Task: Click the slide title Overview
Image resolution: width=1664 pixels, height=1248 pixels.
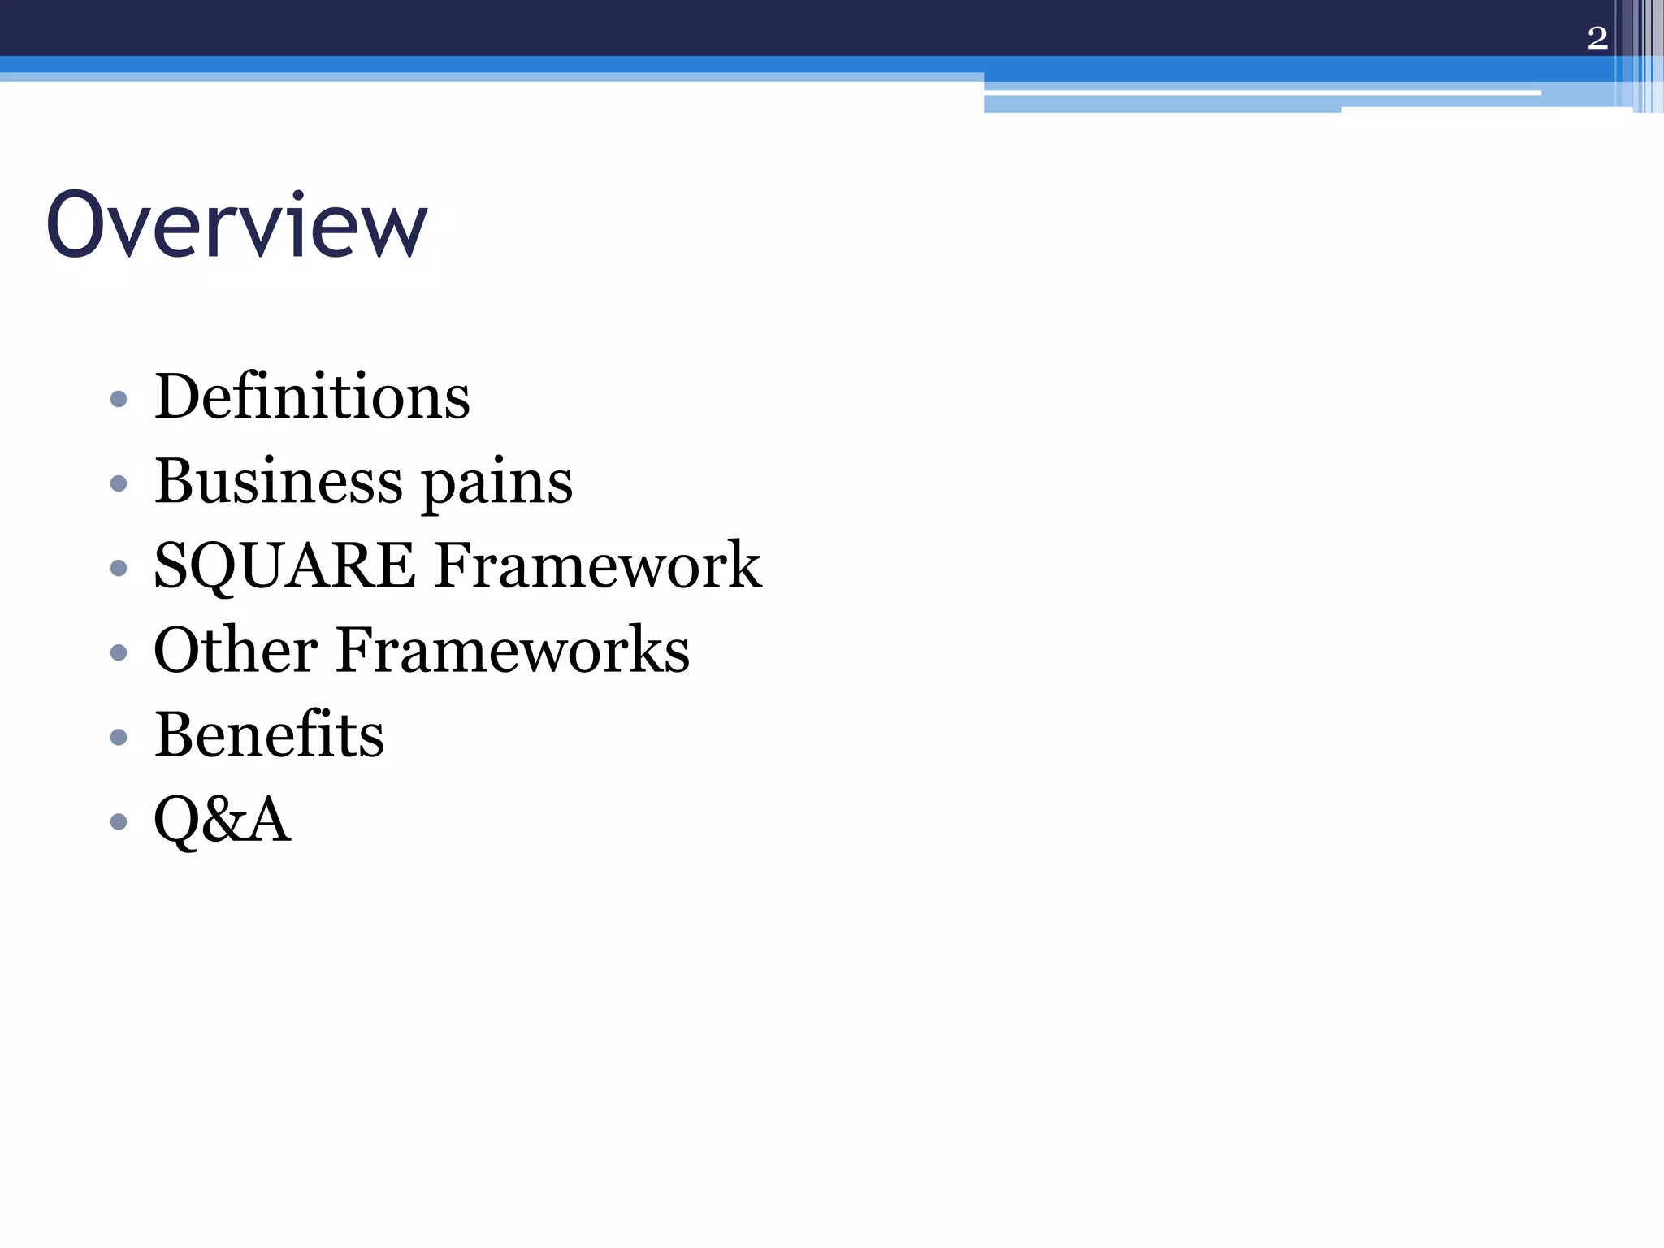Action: click(236, 225)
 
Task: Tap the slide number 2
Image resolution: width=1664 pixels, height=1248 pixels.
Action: click(1597, 38)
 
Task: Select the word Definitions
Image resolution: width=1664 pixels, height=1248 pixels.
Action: click(312, 397)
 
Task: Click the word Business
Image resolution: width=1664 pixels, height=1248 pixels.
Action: click(278, 482)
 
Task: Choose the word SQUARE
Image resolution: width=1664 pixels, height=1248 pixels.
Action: click(284, 566)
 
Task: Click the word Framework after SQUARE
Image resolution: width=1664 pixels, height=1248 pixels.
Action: click(598, 565)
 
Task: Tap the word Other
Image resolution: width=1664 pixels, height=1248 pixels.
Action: click(236, 651)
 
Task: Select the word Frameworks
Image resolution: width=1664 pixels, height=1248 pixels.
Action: click(513, 651)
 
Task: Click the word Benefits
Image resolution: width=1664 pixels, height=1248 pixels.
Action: click(269, 735)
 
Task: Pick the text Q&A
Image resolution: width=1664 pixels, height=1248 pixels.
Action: click(222, 820)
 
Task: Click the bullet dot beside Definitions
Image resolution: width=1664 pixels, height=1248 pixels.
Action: click(119, 399)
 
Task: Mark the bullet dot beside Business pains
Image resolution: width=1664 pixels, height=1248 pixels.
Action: click(119, 483)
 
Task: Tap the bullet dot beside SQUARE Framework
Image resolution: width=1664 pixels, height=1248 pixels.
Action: click(119, 568)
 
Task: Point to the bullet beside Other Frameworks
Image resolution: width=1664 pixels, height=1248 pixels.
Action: click(119, 652)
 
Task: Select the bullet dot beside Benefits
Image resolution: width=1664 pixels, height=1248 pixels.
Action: click(119, 737)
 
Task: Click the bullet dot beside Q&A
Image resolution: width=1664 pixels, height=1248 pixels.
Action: click(119, 821)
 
